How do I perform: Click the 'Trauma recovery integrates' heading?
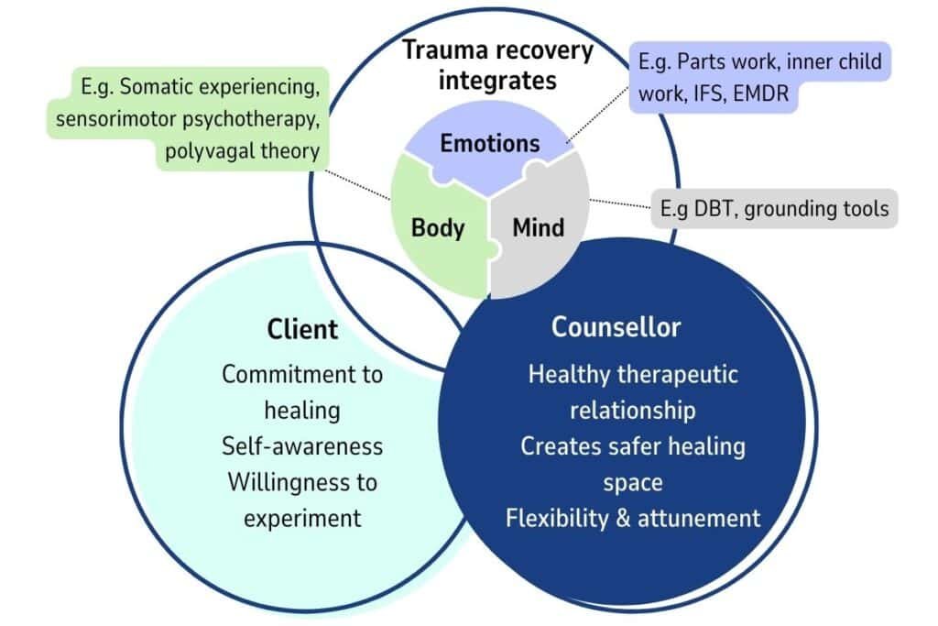(497, 65)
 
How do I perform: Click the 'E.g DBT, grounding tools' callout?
(774, 209)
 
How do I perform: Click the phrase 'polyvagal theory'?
(243, 151)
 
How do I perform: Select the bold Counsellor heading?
(616, 327)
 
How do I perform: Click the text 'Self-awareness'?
(302, 446)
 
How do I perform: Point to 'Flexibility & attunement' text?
(633, 518)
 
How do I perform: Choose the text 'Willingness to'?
(302, 482)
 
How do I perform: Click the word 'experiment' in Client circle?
(302, 518)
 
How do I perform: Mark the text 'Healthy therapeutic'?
(633, 374)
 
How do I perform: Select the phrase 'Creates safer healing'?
(633, 446)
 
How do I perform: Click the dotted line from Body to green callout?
(359, 180)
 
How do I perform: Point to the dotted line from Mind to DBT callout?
(619, 203)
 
